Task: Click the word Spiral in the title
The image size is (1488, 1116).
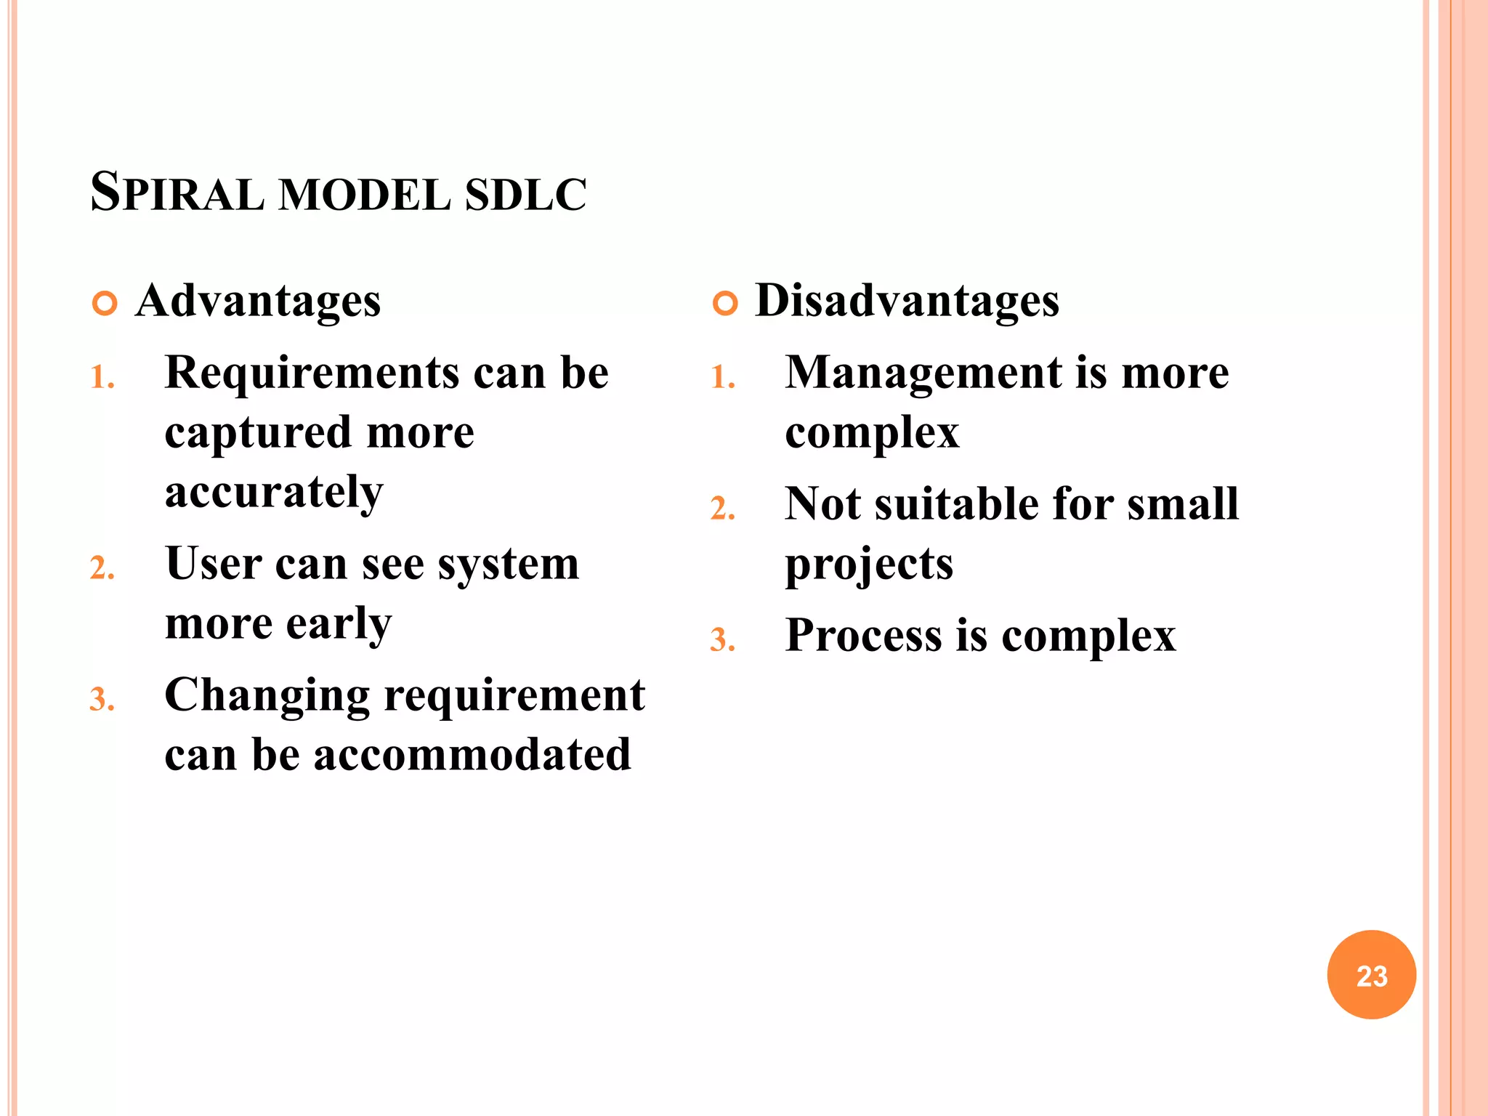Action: tap(177, 193)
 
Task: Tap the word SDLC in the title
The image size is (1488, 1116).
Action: tap(525, 195)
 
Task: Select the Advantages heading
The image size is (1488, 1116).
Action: tap(258, 301)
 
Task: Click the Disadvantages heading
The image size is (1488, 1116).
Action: tap(907, 301)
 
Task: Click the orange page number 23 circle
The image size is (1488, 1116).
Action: tap(1371, 974)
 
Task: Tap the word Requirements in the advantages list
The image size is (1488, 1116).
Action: tap(312, 373)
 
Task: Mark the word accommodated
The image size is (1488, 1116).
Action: tap(472, 755)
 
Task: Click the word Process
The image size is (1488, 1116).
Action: tap(863, 636)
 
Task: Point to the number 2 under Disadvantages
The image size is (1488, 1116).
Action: tap(721, 509)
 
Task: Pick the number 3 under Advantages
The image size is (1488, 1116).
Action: tap(101, 700)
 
